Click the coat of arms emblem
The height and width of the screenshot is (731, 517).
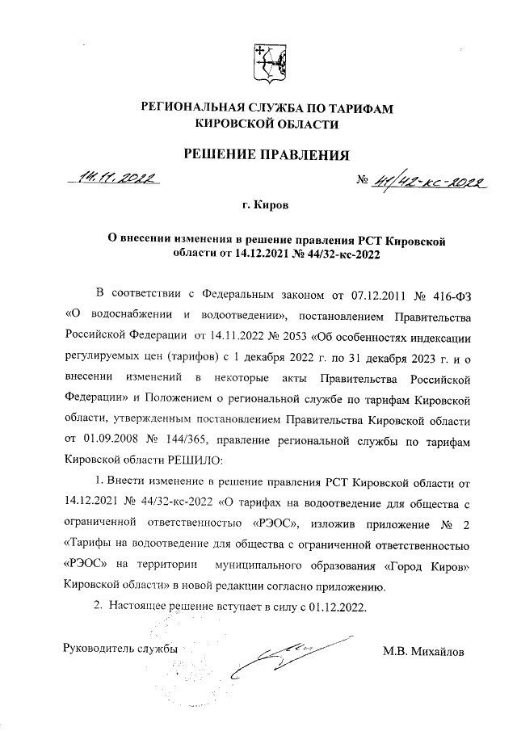coord(268,63)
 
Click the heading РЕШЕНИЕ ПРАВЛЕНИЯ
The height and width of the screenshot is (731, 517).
coord(267,154)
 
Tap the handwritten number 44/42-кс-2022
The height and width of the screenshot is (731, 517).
coord(425,185)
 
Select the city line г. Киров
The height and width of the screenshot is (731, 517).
coord(266,207)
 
